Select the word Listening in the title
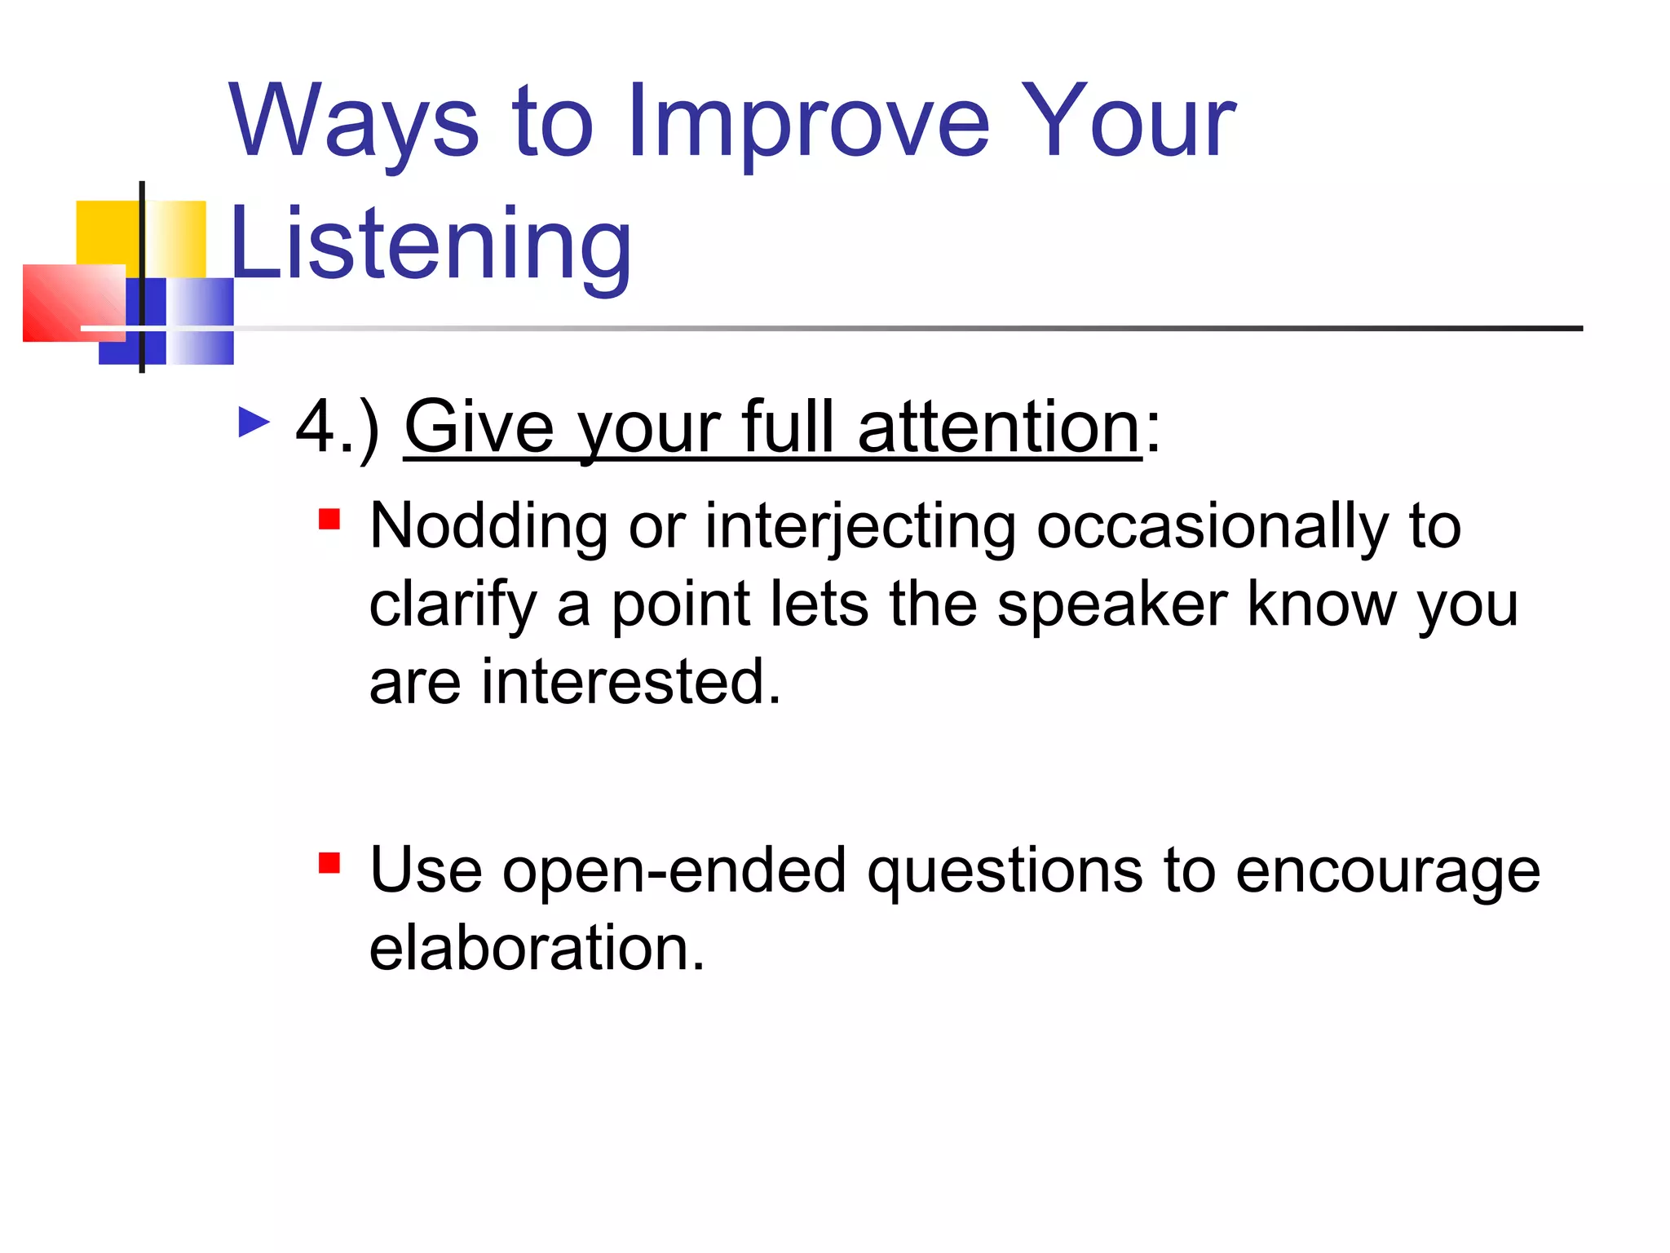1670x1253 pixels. click(x=431, y=246)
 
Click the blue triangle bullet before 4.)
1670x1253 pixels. click(x=254, y=423)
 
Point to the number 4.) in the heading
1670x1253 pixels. click(x=338, y=429)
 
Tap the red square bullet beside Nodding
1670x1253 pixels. click(x=329, y=519)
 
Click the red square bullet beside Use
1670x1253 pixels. click(x=329, y=863)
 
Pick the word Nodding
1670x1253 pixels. click(x=488, y=525)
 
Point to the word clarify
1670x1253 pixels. click(x=453, y=606)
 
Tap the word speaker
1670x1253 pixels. click(x=1112, y=606)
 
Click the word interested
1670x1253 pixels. click(x=631, y=681)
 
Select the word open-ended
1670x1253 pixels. click(x=674, y=872)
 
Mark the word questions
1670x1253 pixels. click(x=1005, y=872)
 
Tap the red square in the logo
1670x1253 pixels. click(x=74, y=303)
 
